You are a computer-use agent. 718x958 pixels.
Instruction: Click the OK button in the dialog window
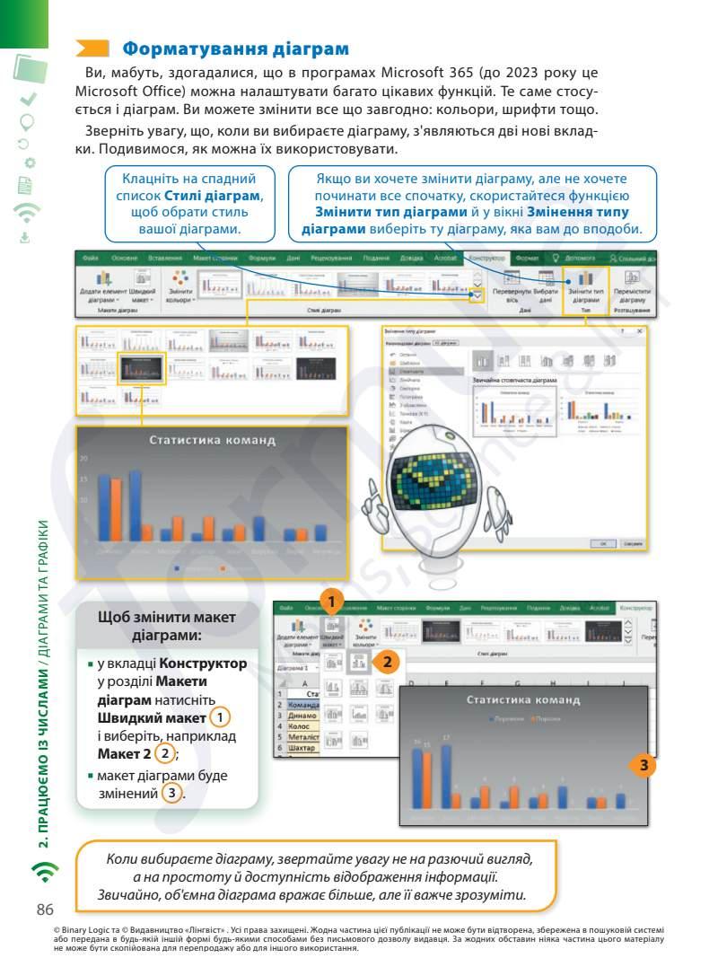pyautogui.click(x=603, y=543)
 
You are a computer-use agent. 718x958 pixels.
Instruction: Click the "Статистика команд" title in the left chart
pyautogui.click(x=212, y=441)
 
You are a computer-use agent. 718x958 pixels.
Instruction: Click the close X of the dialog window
pyautogui.click(x=640, y=331)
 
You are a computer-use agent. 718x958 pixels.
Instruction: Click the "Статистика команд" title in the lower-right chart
pyautogui.click(x=522, y=699)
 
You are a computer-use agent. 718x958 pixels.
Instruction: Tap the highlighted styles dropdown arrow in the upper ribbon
pyautogui.click(x=477, y=295)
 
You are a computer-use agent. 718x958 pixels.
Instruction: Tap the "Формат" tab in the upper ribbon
pyautogui.click(x=527, y=259)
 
